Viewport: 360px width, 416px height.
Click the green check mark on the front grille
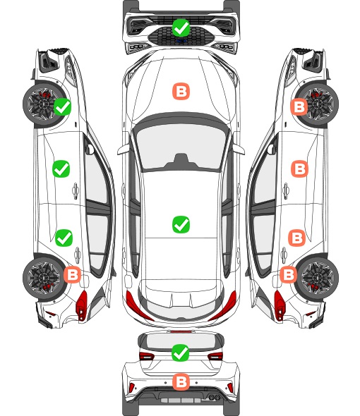pos(181,27)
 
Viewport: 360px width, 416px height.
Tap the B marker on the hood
pos(181,92)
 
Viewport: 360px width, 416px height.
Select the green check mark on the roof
pos(181,224)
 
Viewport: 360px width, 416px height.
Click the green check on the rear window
pos(181,353)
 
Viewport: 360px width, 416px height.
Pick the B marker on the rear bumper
pos(181,382)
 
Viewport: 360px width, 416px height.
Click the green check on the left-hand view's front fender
pos(62,106)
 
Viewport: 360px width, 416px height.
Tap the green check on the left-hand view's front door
pos(61,169)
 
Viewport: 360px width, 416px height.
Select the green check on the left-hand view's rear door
pos(64,238)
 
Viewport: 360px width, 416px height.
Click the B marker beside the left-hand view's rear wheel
pos(72,274)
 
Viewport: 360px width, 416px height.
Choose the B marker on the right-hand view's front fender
pos(299,107)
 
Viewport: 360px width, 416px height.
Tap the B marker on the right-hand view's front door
pos(300,169)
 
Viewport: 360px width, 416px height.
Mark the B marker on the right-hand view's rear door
pos(297,238)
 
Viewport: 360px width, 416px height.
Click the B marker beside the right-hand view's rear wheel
pos(288,274)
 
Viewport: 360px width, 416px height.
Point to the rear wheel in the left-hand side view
pos(43,278)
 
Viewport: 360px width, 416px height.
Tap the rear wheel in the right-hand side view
pos(318,278)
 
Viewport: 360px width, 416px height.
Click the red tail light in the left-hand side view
pos(82,305)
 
